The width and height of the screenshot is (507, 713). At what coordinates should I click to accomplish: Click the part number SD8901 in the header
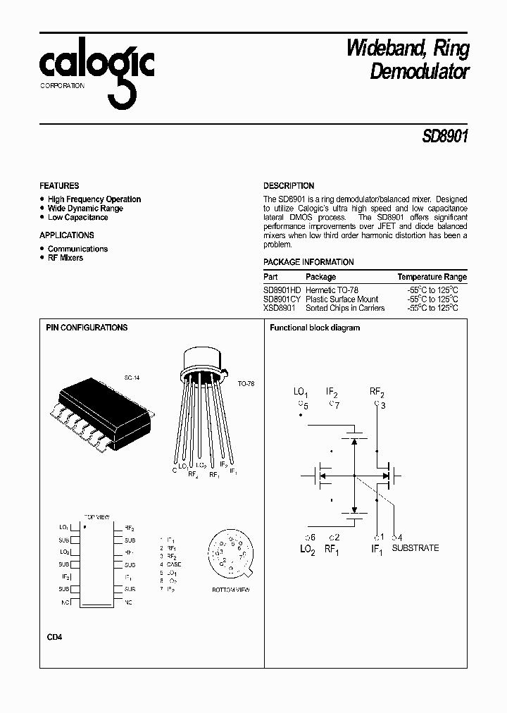[x=445, y=135]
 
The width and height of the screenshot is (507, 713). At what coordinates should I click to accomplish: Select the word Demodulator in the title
[x=419, y=71]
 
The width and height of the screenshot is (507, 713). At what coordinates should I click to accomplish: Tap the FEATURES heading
[x=59, y=186]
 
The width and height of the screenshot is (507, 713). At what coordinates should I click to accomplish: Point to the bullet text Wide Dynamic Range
[x=85, y=209]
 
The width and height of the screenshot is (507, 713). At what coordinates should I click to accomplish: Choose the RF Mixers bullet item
[x=65, y=258]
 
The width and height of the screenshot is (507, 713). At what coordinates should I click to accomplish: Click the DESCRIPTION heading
[x=289, y=186]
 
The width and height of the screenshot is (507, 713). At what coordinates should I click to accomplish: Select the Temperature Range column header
[x=432, y=277]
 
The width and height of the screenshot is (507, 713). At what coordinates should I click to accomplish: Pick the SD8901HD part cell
[x=282, y=290]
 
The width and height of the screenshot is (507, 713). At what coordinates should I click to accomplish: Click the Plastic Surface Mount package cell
[x=342, y=299]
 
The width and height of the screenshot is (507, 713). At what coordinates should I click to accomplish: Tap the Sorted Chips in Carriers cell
[x=345, y=308]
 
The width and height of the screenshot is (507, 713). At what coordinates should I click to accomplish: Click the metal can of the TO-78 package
[x=206, y=360]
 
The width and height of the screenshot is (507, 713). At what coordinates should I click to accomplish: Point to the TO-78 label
[x=246, y=385]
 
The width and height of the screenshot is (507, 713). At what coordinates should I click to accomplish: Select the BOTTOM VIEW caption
[x=231, y=589]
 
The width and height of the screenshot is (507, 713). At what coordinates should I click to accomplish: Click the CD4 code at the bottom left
[x=55, y=637]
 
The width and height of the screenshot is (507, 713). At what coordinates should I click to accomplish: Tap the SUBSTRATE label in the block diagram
[x=415, y=547]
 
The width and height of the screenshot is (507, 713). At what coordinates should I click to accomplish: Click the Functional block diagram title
[x=315, y=328]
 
